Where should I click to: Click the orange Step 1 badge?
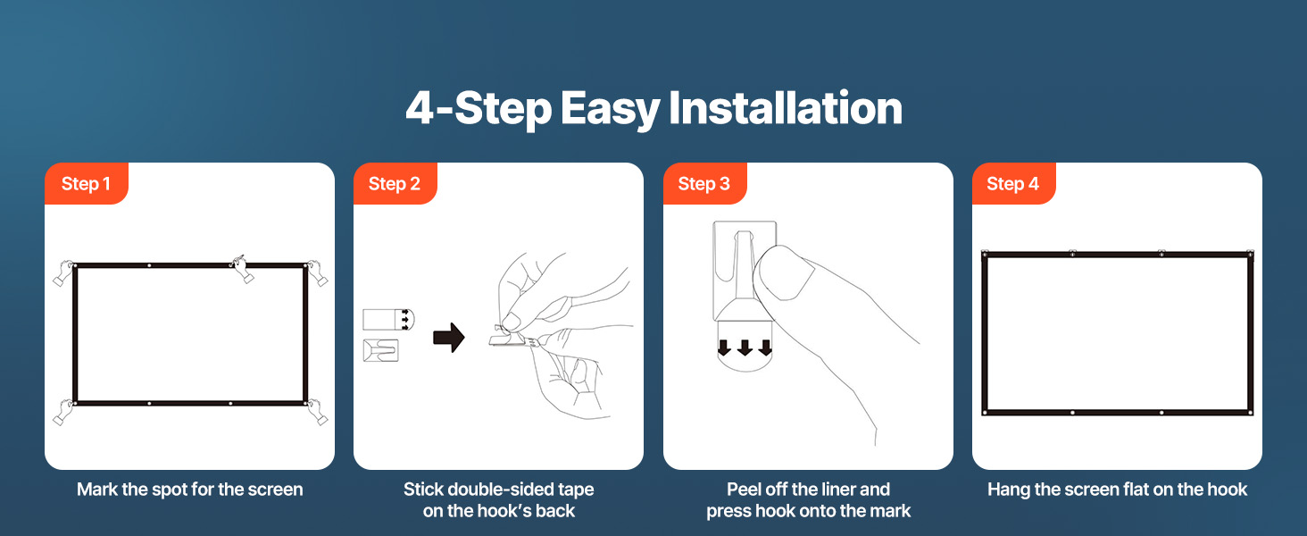[x=87, y=183]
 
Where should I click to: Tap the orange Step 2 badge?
[x=395, y=183]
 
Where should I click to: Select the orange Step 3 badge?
[x=705, y=183]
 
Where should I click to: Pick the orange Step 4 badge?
[x=1013, y=183]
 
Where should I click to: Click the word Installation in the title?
[x=786, y=109]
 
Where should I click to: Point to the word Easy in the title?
[x=610, y=111]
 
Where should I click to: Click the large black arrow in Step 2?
[x=449, y=338]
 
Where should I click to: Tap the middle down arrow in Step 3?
[x=745, y=348]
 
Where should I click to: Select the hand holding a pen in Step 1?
[x=240, y=269]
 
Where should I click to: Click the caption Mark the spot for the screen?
[x=189, y=490]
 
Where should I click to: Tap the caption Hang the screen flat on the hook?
[x=1117, y=490]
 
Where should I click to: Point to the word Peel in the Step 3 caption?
[x=744, y=490]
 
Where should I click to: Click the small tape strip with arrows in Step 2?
[x=388, y=320]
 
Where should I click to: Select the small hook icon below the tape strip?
[x=381, y=350]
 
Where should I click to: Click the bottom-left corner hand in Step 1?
[x=63, y=412]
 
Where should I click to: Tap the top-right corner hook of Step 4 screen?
[x=1249, y=254]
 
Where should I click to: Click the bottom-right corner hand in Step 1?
[x=318, y=412]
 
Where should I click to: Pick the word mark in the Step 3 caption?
[x=890, y=511]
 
